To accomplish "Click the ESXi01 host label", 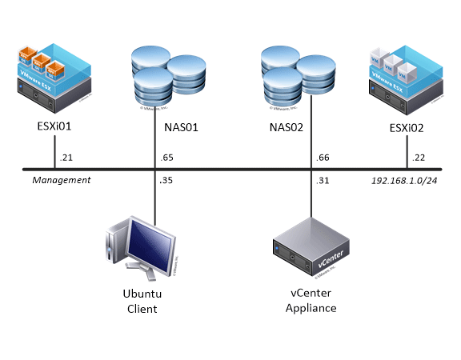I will click(x=54, y=126).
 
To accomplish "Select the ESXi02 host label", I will click(x=407, y=126).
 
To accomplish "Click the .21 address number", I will click(x=66, y=158).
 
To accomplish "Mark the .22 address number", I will click(x=419, y=158).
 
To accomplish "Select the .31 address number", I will click(x=323, y=180).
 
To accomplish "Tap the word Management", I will click(x=61, y=180).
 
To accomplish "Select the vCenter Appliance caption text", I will click(x=310, y=302).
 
